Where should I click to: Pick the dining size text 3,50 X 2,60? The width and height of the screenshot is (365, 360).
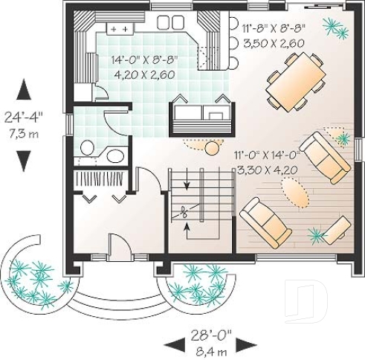(273, 43)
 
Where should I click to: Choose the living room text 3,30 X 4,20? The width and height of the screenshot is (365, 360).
(266, 170)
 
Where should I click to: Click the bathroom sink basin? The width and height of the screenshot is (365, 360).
(115, 156)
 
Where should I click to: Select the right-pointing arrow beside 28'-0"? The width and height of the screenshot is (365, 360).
(248, 344)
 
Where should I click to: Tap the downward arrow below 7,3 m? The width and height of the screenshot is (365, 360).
(25, 158)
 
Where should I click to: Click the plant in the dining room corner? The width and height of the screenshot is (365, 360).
(335, 29)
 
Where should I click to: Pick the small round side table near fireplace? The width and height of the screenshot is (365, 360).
(212, 148)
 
